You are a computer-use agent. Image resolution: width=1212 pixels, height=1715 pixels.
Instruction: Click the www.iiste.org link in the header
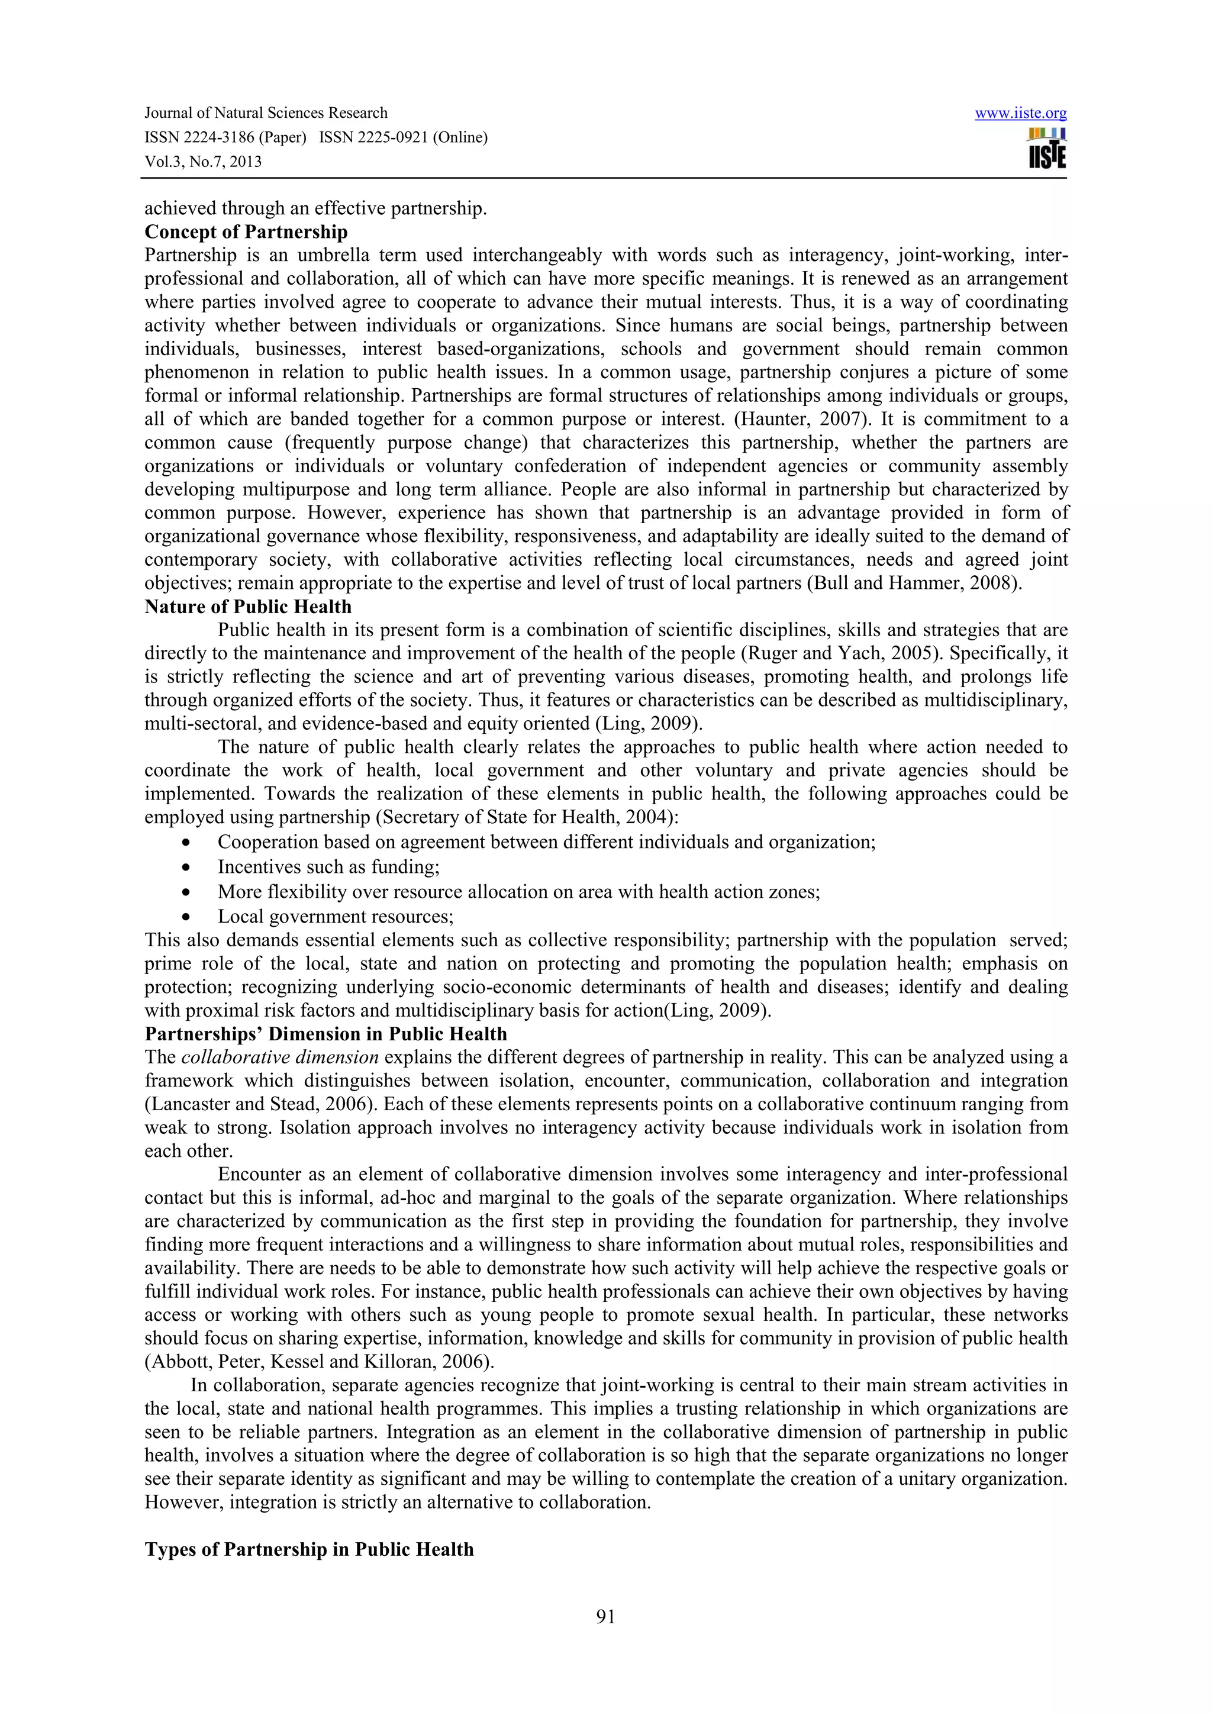coord(1020,114)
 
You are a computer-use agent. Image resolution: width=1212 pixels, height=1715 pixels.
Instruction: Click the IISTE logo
coord(1047,149)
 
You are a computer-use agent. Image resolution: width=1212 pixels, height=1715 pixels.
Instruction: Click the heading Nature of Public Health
coord(248,607)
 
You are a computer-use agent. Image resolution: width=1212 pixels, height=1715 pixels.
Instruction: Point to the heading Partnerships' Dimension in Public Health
coord(325,1034)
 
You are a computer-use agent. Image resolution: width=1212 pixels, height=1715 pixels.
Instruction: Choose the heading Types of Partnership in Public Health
coord(309,1549)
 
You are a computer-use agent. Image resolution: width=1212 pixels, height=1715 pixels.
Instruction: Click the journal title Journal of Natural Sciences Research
coord(266,113)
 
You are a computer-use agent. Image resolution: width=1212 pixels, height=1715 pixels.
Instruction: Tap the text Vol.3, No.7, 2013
coord(203,162)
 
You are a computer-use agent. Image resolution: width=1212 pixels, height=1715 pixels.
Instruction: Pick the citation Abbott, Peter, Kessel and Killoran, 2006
coord(319,1362)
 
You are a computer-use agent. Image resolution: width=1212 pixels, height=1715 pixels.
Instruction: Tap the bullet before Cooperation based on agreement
coord(185,843)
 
